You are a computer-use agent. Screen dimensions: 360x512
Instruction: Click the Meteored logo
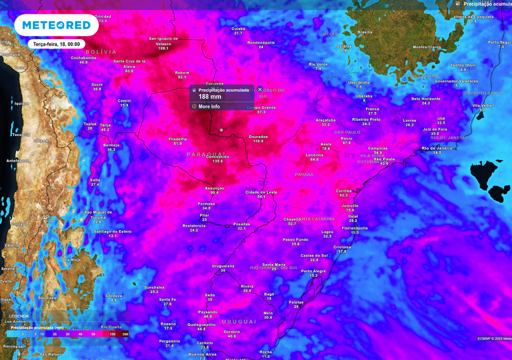tap(56, 25)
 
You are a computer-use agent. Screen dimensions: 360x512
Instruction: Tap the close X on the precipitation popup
tap(260, 90)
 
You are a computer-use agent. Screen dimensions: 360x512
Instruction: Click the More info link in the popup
tap(209, 107)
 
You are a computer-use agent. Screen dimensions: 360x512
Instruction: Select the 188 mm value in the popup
tap(210, 97)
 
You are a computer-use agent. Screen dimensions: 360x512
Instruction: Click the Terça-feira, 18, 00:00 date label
tap(56, 45)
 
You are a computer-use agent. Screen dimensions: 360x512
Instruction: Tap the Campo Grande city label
tap(261, 108)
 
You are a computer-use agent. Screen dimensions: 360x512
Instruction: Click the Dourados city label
tap(258, 136)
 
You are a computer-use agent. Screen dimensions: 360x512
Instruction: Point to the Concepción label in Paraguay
tap(217, 157)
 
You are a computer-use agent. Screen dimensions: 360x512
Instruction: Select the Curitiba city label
tap(344, 191)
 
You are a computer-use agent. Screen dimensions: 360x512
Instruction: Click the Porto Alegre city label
tap(313, 271)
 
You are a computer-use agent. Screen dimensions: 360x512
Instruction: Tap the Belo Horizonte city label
tap(426, 99)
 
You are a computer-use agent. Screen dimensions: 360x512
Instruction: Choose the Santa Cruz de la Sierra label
tap(129, 63)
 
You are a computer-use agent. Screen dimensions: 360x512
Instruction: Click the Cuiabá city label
tap(238, 29)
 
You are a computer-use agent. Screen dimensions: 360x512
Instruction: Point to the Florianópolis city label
tap(355, 228)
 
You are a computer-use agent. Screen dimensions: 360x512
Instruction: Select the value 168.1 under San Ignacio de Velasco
tap(163, 48)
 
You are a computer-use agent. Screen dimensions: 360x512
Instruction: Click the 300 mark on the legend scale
tap(125, 334)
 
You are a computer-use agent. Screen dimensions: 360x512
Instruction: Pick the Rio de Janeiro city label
tap(437, 148)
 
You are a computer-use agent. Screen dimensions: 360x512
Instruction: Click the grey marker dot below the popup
tap(221, 130)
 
